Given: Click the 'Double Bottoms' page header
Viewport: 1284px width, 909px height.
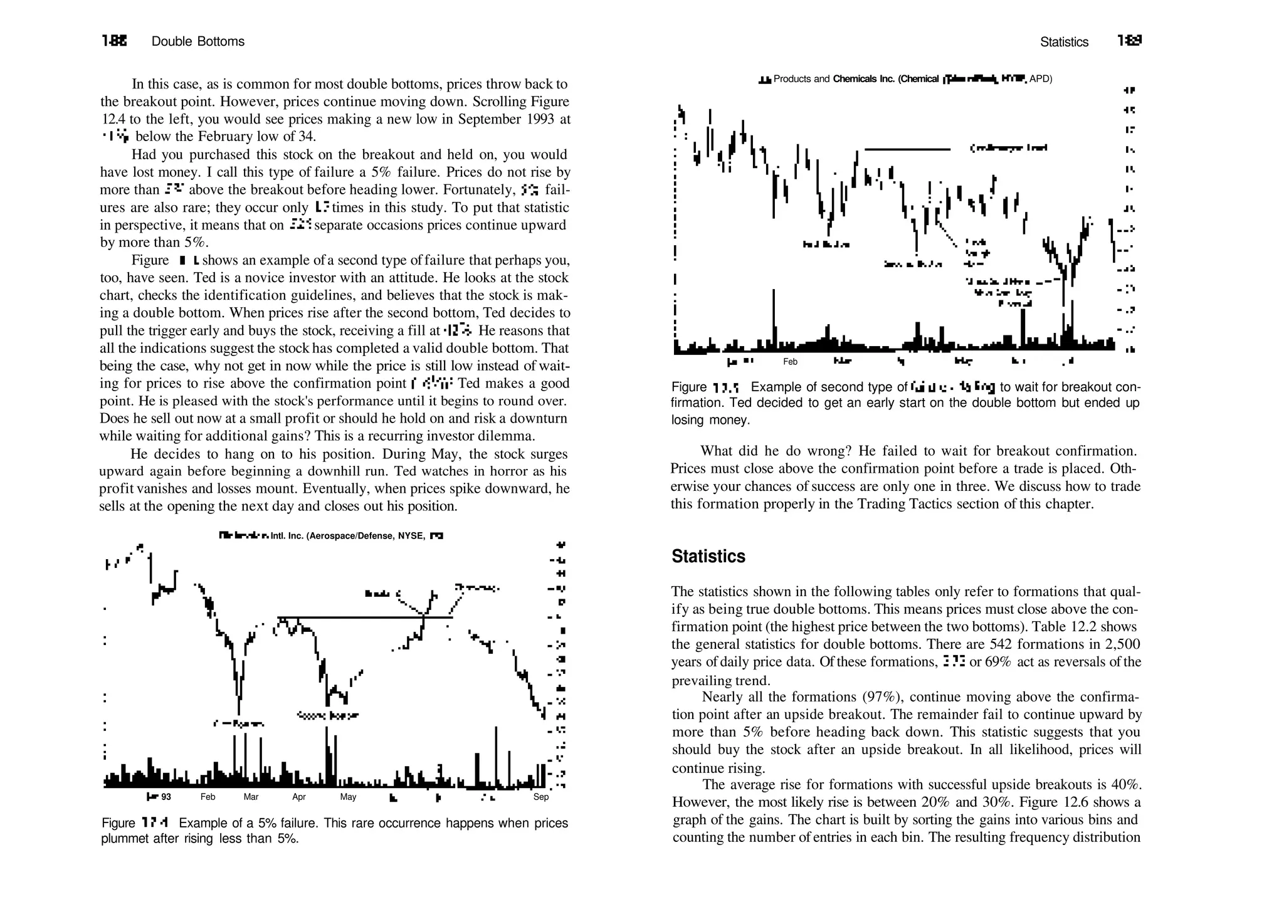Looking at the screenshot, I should (x=197, y=41).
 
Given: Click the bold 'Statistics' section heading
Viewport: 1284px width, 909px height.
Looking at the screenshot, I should (x=708, y=556).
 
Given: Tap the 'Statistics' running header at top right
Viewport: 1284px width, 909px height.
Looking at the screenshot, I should (x=1064, y=42).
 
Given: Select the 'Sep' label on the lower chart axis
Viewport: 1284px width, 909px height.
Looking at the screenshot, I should (x=540, y=797).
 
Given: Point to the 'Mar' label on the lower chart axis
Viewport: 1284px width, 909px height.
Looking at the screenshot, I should (x=251, y=797).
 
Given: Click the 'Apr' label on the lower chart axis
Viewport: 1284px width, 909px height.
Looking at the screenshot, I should (x=299, y=797).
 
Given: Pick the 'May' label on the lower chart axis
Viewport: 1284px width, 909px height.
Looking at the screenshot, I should (x=348, y=797).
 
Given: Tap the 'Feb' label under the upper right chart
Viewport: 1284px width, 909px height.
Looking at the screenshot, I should (x=790, y=362).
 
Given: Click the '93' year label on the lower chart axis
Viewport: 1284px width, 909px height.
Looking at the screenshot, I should (x=166, y=797).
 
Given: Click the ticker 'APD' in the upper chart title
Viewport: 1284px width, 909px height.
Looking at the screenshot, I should (x=1040, y=79).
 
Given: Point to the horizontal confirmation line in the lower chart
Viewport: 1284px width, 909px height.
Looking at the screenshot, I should (x=364, y=617).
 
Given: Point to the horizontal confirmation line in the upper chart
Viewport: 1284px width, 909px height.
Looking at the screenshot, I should (x=907, y=149).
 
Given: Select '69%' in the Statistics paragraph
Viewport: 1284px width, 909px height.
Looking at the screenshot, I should (x=997, y=662).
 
